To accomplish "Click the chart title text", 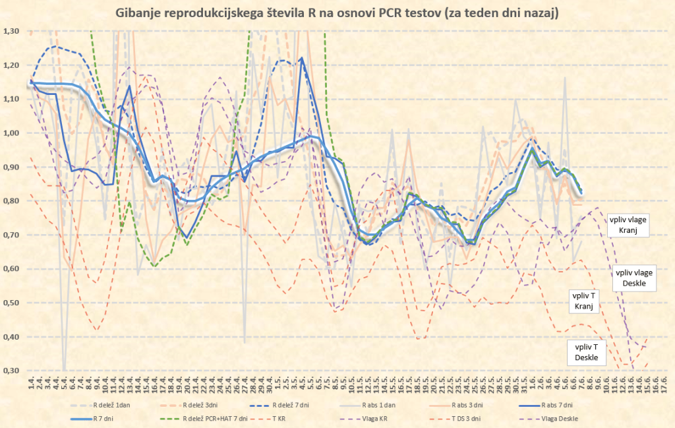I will (337, 13).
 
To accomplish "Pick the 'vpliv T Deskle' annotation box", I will (586, 352).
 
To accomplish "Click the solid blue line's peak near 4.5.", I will (302, 58).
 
